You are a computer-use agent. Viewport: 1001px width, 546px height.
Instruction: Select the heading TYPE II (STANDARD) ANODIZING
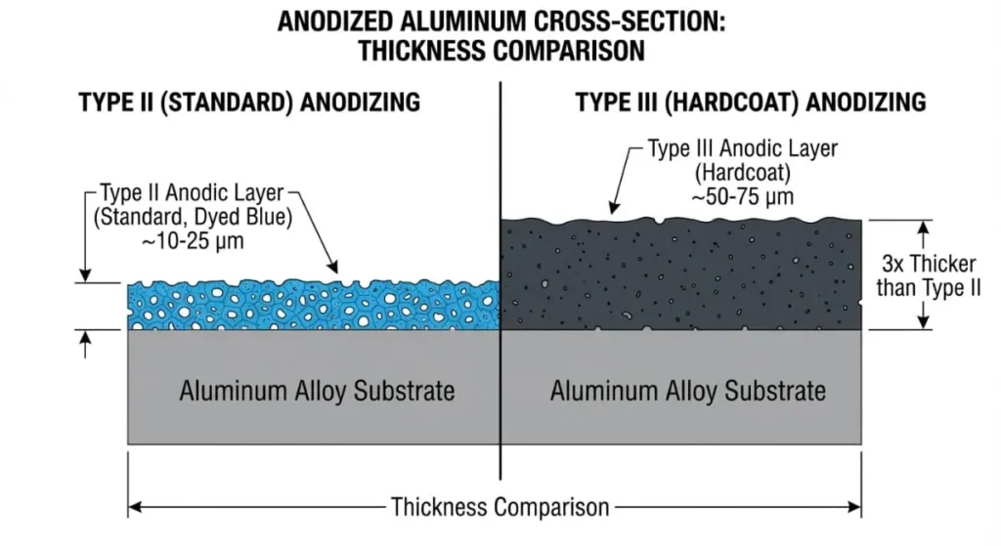[x=249, y=103]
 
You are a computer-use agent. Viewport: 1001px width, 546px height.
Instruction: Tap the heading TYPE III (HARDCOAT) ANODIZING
[x=750, y=102]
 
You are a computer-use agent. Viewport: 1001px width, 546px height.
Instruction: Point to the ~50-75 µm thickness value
[x=742, y=196]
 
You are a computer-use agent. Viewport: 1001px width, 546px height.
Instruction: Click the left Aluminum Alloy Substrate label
[x=317, y=392]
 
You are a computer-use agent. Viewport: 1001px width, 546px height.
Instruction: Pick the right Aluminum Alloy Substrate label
[x=687, y=392]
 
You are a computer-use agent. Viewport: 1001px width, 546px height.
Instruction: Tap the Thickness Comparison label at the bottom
[x=500, y=508]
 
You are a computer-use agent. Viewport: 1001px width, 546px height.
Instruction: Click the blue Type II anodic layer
[x=313, y=306]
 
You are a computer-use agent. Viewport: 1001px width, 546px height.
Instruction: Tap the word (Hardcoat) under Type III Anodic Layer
[x=742, y=174]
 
